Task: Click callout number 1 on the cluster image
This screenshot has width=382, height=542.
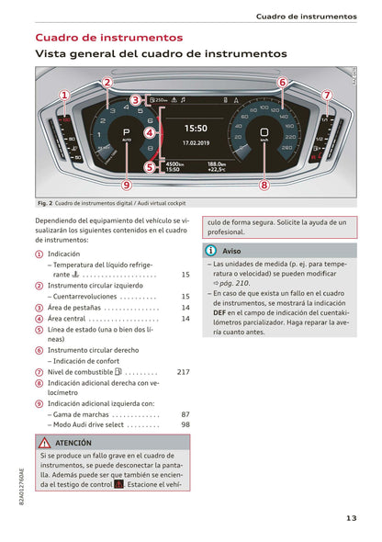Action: click(x=65, y=95)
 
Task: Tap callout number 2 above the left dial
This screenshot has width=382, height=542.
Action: click(x=107, y=82)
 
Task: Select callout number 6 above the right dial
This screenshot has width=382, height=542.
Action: click(x=282, y=82)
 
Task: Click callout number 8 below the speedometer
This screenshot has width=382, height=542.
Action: click(x=264, y=184)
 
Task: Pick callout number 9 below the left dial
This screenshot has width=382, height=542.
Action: click(x=127, y=184)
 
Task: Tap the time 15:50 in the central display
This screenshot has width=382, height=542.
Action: click(x=197, y=130)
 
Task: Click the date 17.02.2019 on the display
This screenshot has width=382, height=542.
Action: click(x=197, y=143)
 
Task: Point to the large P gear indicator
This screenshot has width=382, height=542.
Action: click(x=127, y=132)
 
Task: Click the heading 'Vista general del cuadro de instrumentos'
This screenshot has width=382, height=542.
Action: click(x=161, y=55)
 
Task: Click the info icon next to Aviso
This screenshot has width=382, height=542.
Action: click(x=211, y=250)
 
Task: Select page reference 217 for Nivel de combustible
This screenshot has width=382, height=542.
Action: click(x=183, y=372)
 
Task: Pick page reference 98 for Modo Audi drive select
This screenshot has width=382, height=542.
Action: click(x=185, y=424)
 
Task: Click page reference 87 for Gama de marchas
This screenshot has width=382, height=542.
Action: click(x=185, y=414)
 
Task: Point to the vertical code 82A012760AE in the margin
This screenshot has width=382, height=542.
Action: click(x=20, y=487)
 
